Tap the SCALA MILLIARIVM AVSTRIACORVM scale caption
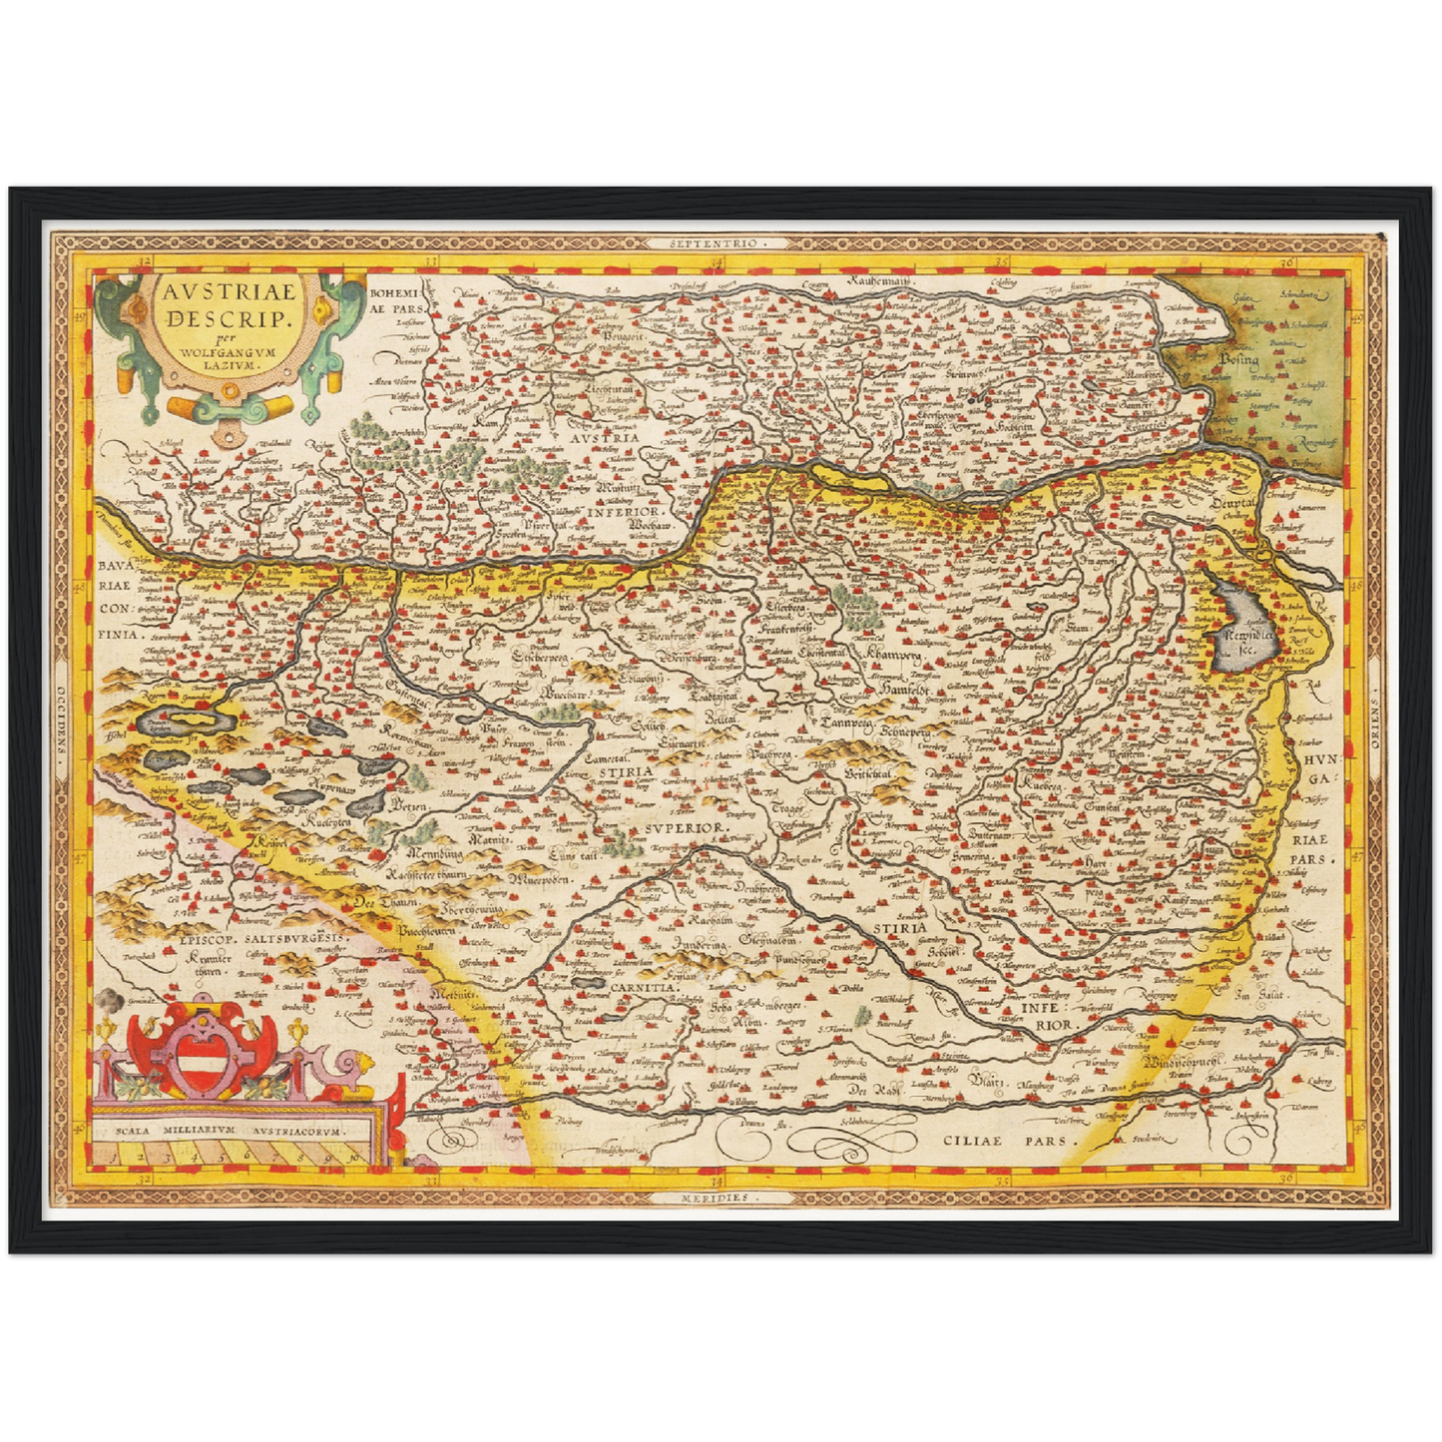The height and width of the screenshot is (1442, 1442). pyautogui.click(x=229, y=1133)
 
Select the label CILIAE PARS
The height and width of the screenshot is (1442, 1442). pyautogui.click(x=1010, y=1139)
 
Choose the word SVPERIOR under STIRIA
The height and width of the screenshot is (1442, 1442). pyautogui.click(x=687, y=828)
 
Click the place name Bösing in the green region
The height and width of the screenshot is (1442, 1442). pyautogui.click(x=1238, y=359)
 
